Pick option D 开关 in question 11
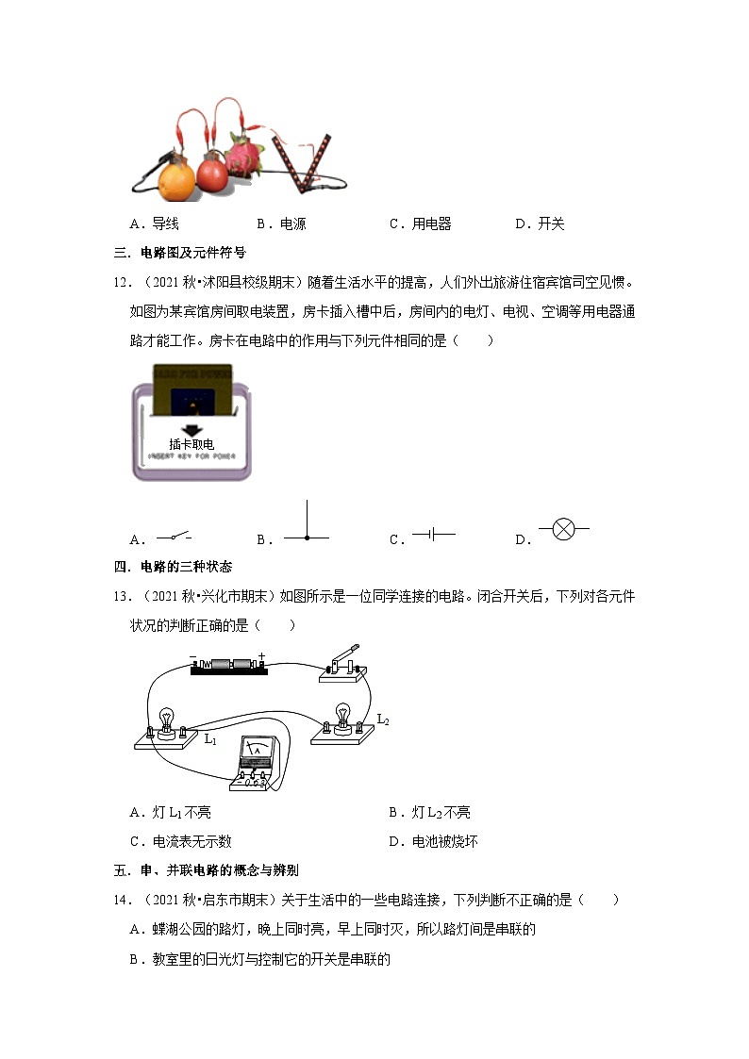[x=540, y=223]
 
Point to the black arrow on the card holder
[x=191, y=429]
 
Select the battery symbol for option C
[x=434, y=535]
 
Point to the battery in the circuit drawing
[x=229, y=665]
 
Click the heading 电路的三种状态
[x=186, y=567]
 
